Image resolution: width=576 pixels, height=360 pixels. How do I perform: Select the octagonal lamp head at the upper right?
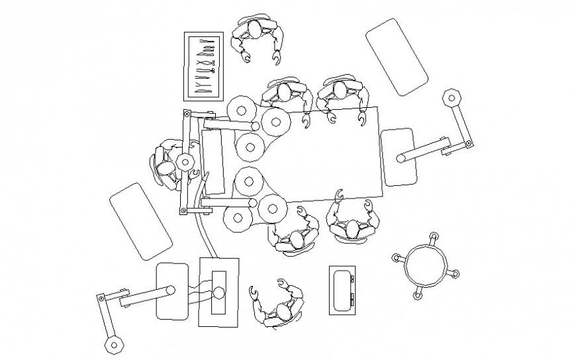tap(452, 98)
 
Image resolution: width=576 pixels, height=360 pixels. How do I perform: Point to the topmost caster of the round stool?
tap(433, 237)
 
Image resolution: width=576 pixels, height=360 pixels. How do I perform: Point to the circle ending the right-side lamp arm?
tap(401, 158)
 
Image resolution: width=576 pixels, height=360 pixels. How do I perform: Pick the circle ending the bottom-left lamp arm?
tap(170, 289)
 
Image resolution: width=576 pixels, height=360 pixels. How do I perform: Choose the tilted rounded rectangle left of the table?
tap(139, 220)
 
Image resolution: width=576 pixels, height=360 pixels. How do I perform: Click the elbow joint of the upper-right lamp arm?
tap(468, 143)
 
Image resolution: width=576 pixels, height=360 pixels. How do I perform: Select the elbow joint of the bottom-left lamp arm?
tap(101, 298)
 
